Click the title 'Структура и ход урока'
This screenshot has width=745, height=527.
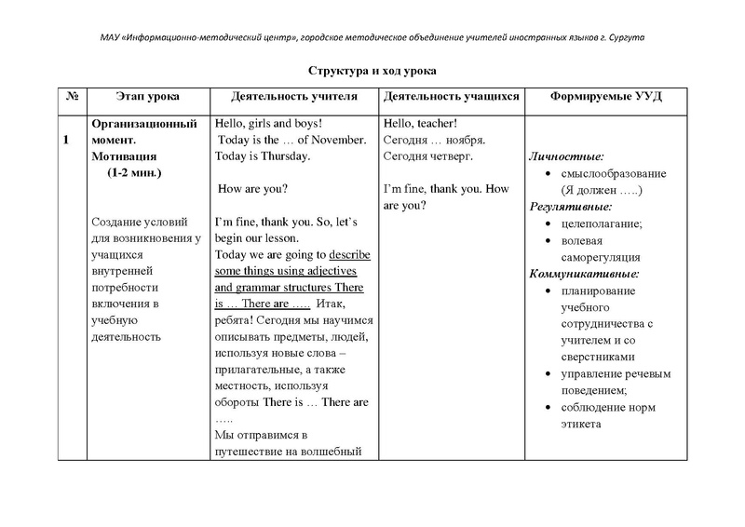pos(372,71)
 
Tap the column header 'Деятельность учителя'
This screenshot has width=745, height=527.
pos(293,97)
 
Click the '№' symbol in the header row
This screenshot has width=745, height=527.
pos(71,97)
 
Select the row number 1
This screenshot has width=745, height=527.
pos(66,140)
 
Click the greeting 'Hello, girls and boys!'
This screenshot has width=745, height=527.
pos(268,123)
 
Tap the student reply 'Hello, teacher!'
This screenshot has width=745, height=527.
pos(420,123)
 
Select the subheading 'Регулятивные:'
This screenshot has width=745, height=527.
pos(571,207)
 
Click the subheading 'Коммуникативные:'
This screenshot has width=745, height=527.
pos(584,274)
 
